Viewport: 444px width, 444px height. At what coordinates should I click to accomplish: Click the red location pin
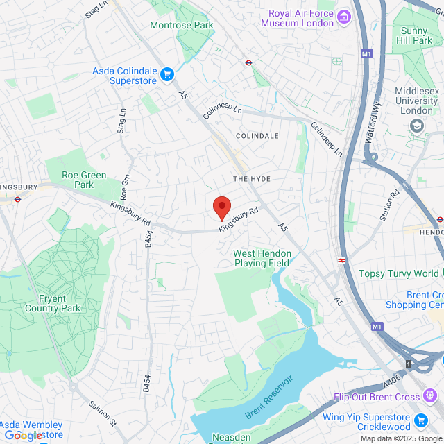pos(221,207)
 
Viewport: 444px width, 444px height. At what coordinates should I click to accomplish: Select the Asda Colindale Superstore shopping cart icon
pos(166,74)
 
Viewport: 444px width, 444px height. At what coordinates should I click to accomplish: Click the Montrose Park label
pos(181,25)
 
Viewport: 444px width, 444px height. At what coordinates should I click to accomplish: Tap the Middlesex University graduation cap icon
pos(417,126)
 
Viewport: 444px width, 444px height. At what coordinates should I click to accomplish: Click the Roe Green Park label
pos(78,180)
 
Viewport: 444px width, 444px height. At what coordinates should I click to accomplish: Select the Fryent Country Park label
pos(52,303)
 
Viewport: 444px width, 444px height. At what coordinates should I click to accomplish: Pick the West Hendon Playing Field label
pos(262,258)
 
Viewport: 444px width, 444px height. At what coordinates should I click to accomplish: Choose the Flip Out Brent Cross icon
pos(431,397)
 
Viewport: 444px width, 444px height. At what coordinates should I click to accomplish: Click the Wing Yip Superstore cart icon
pos(420,420)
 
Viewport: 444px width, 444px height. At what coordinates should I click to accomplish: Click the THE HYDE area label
pos(251,179)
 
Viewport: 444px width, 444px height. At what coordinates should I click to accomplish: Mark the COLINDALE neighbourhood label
pos(257,136)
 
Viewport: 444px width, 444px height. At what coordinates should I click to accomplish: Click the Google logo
pos(22,435)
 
